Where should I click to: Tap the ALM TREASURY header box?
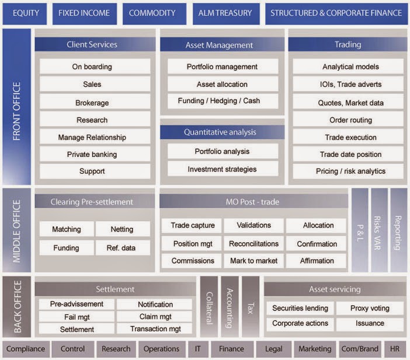pos(225,13)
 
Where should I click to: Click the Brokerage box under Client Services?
pos(92,103)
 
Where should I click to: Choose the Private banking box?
pos(92,155)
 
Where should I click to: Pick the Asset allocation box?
pos(222,84)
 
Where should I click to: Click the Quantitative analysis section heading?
pos(222,132)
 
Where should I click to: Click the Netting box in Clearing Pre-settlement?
pos(122,229)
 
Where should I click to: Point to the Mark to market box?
pos(254,261)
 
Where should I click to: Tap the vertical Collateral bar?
pos(209,306)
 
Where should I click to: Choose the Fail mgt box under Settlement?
pos(77,317)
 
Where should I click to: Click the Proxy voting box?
pos(370,308)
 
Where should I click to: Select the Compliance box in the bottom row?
pos(25,349)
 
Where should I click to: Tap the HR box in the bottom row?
pos(395,349)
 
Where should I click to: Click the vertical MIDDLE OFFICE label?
pos(16,230)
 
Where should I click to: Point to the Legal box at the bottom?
pos(273,349)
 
